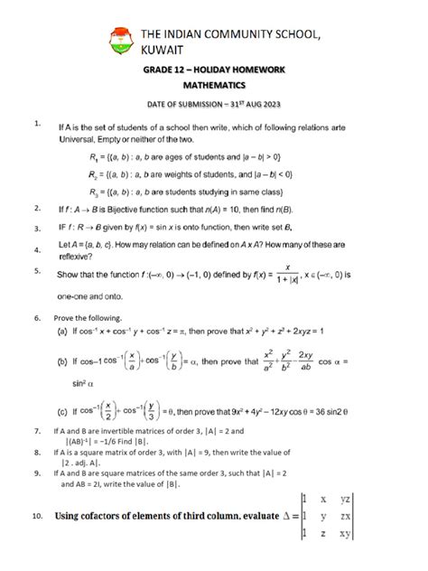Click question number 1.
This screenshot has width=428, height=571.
33,121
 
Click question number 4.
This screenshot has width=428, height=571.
33,250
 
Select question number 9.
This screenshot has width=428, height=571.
33,471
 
